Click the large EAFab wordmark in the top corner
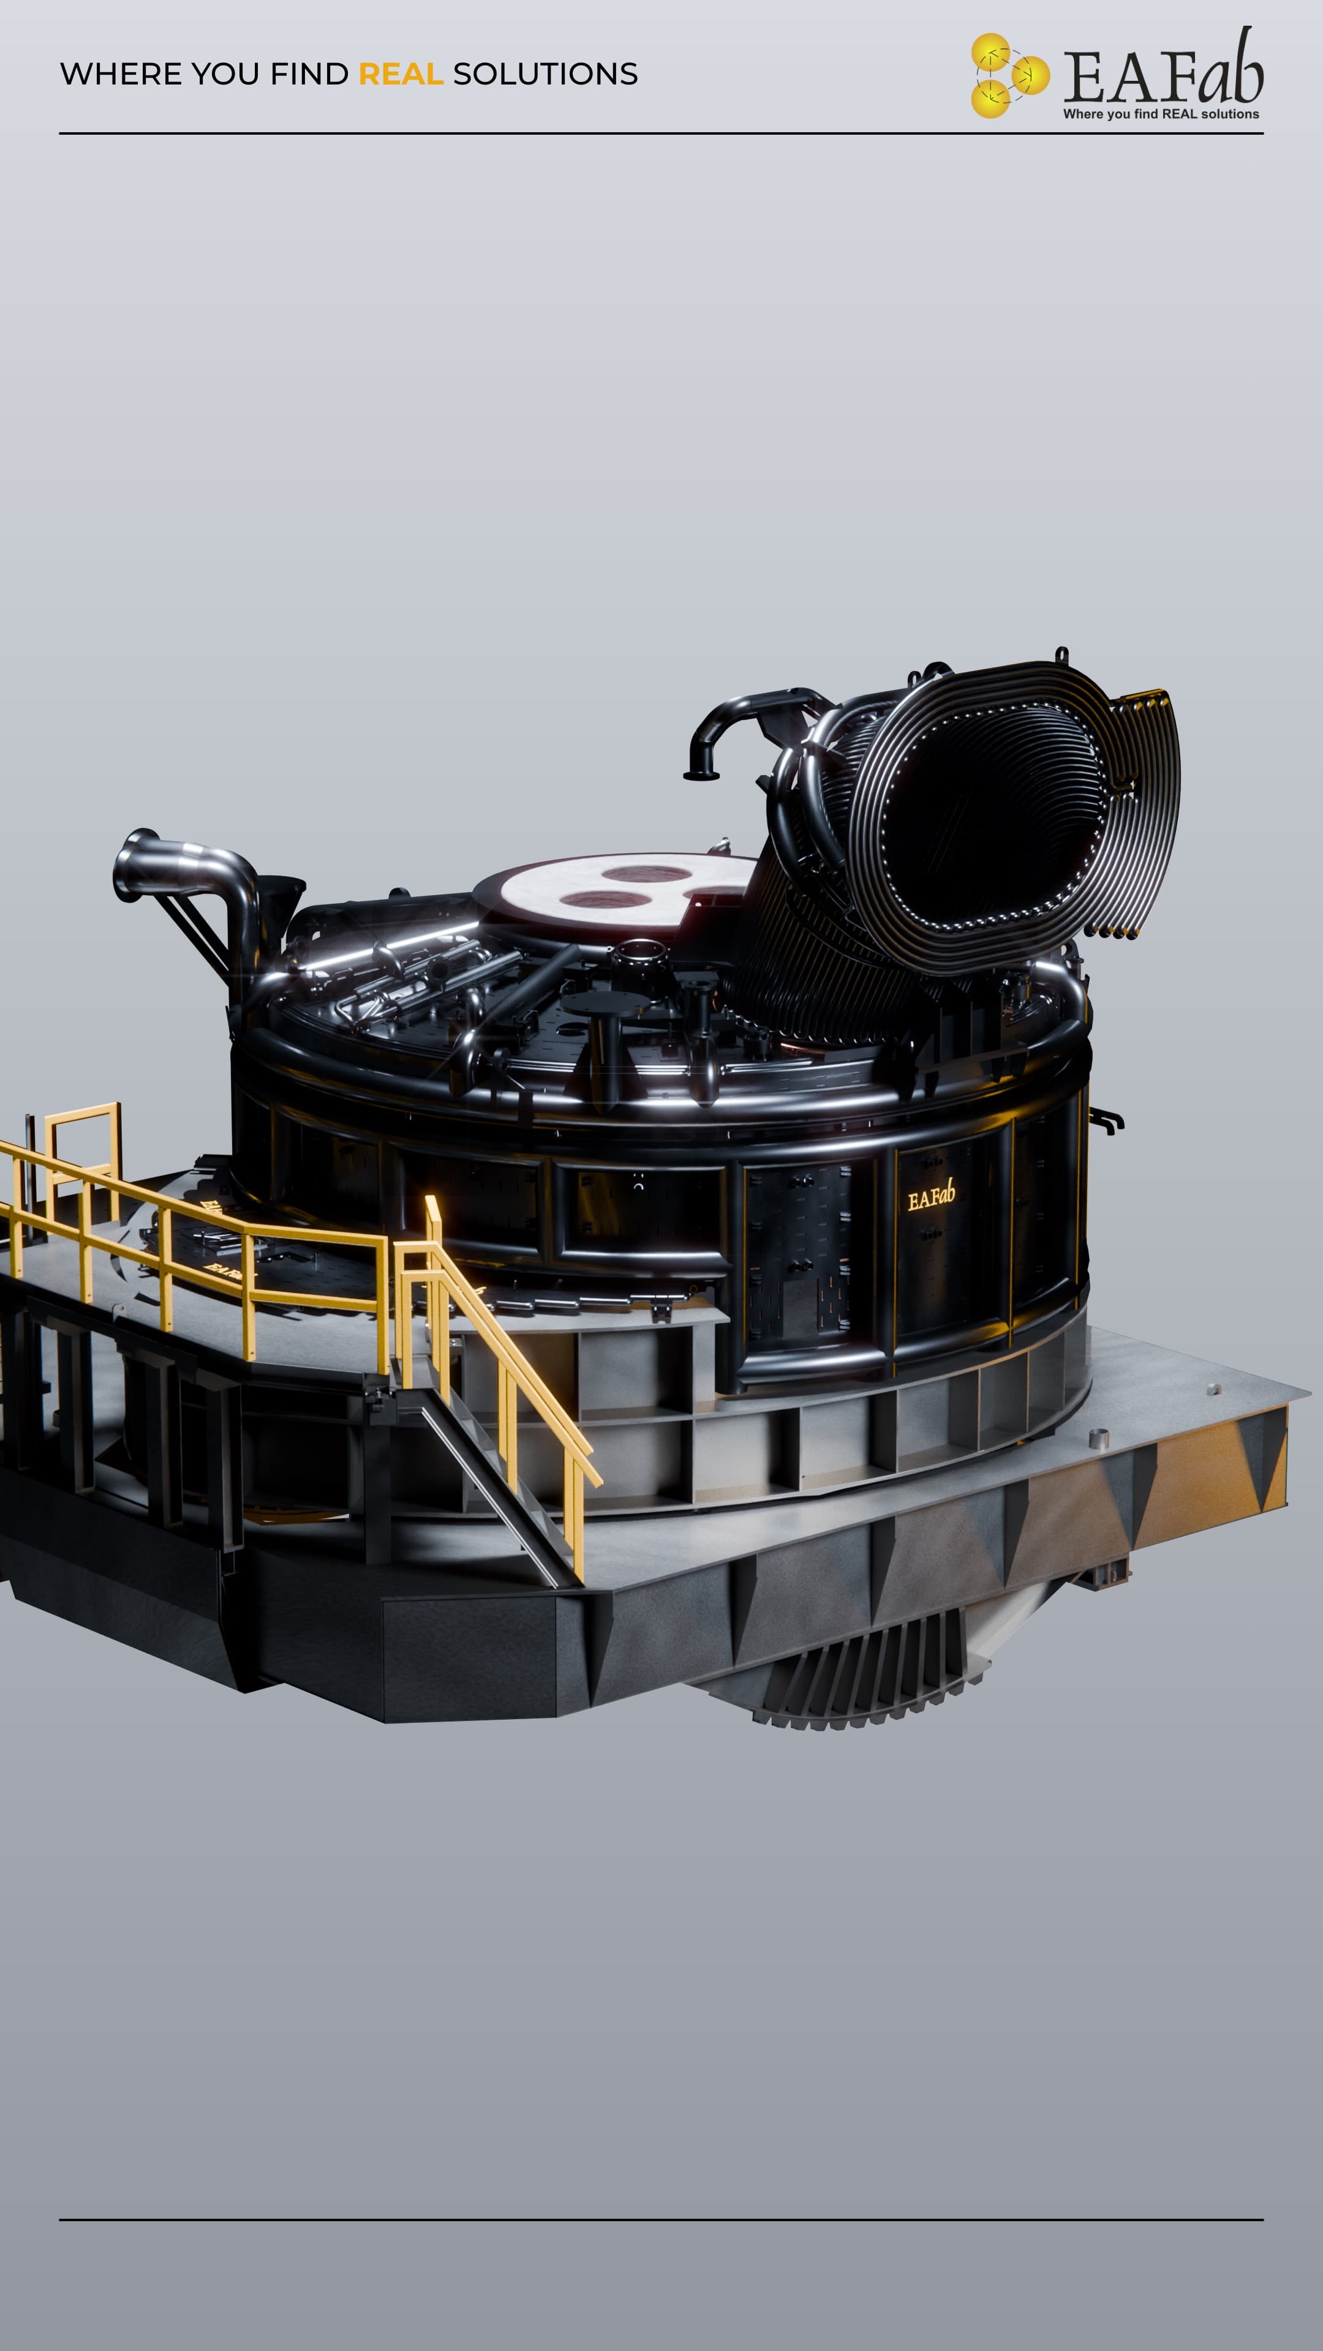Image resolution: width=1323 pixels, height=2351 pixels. (1163, 69)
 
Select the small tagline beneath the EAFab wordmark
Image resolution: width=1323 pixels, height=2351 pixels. (1161, 114)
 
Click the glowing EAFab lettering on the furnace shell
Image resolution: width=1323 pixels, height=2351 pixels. (931, 1196)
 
